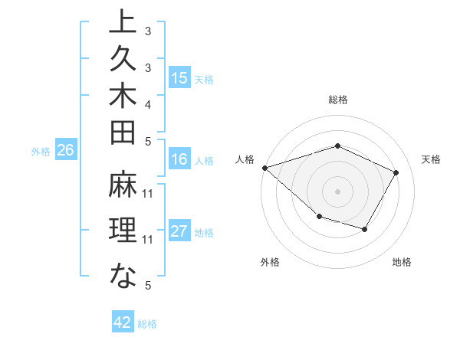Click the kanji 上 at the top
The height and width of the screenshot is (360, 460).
click(x=123, y=21)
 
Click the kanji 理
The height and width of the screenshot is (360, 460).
click(x=123, y=232)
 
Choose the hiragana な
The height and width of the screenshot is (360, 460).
click(x=123, y=275)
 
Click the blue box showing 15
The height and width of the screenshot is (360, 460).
click(x=179, y=77)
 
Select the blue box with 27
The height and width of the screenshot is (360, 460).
click(x=179, y=232)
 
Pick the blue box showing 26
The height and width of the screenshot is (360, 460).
click(x=66, y=151)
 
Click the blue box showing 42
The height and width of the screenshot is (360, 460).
click(x=122, y=322)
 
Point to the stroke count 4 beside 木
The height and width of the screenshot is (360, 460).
click(x=148, y=104)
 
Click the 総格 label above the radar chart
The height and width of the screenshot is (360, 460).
click(x=337, y=100)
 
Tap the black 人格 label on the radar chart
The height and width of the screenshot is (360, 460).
click(x=245, y=159)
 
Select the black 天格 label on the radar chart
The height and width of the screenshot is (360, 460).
click(x=431, y=159)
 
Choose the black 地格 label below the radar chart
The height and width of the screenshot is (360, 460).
click(x=402, y=262)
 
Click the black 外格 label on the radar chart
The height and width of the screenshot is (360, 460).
click(x=269, y=262)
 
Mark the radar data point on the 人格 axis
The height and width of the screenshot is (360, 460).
click(x=264, y=167)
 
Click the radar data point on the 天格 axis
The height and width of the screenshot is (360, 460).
click(x=396, y=172)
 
